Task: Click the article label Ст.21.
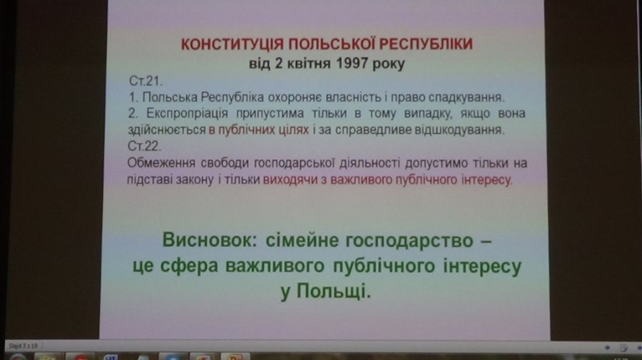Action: click(146, 81)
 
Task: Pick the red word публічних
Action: click(246, 130)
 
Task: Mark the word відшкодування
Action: click(459, 130)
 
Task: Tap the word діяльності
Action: click(370, 163)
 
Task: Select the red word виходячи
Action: click(290, 180)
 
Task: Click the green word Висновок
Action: click(210, 240)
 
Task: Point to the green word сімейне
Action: click(302, 240)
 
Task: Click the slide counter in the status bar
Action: click(23, 346)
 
